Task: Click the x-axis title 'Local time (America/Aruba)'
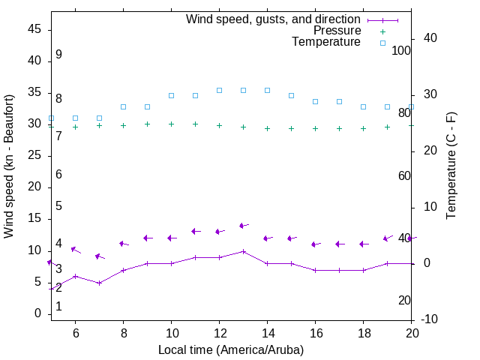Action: click(231, 349)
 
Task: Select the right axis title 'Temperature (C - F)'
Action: click(451, 166)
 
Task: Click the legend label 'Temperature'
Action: click(325, 42)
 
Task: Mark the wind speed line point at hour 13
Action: click(243, 251)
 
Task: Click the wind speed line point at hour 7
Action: click(99, 283)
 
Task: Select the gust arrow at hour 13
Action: click(243, 225)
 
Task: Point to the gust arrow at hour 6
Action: click(75, 250)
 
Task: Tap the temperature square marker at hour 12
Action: click(219, 90)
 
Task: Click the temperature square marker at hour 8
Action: click(123, 106)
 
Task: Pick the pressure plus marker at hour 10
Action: click(171, 124)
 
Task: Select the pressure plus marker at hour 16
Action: click(315, 128)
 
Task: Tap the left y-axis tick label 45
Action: click(34, 29)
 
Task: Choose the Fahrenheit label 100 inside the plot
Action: click(402, 50)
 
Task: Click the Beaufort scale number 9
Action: click(58, 55)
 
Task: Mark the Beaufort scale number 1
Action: click(58, 307)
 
